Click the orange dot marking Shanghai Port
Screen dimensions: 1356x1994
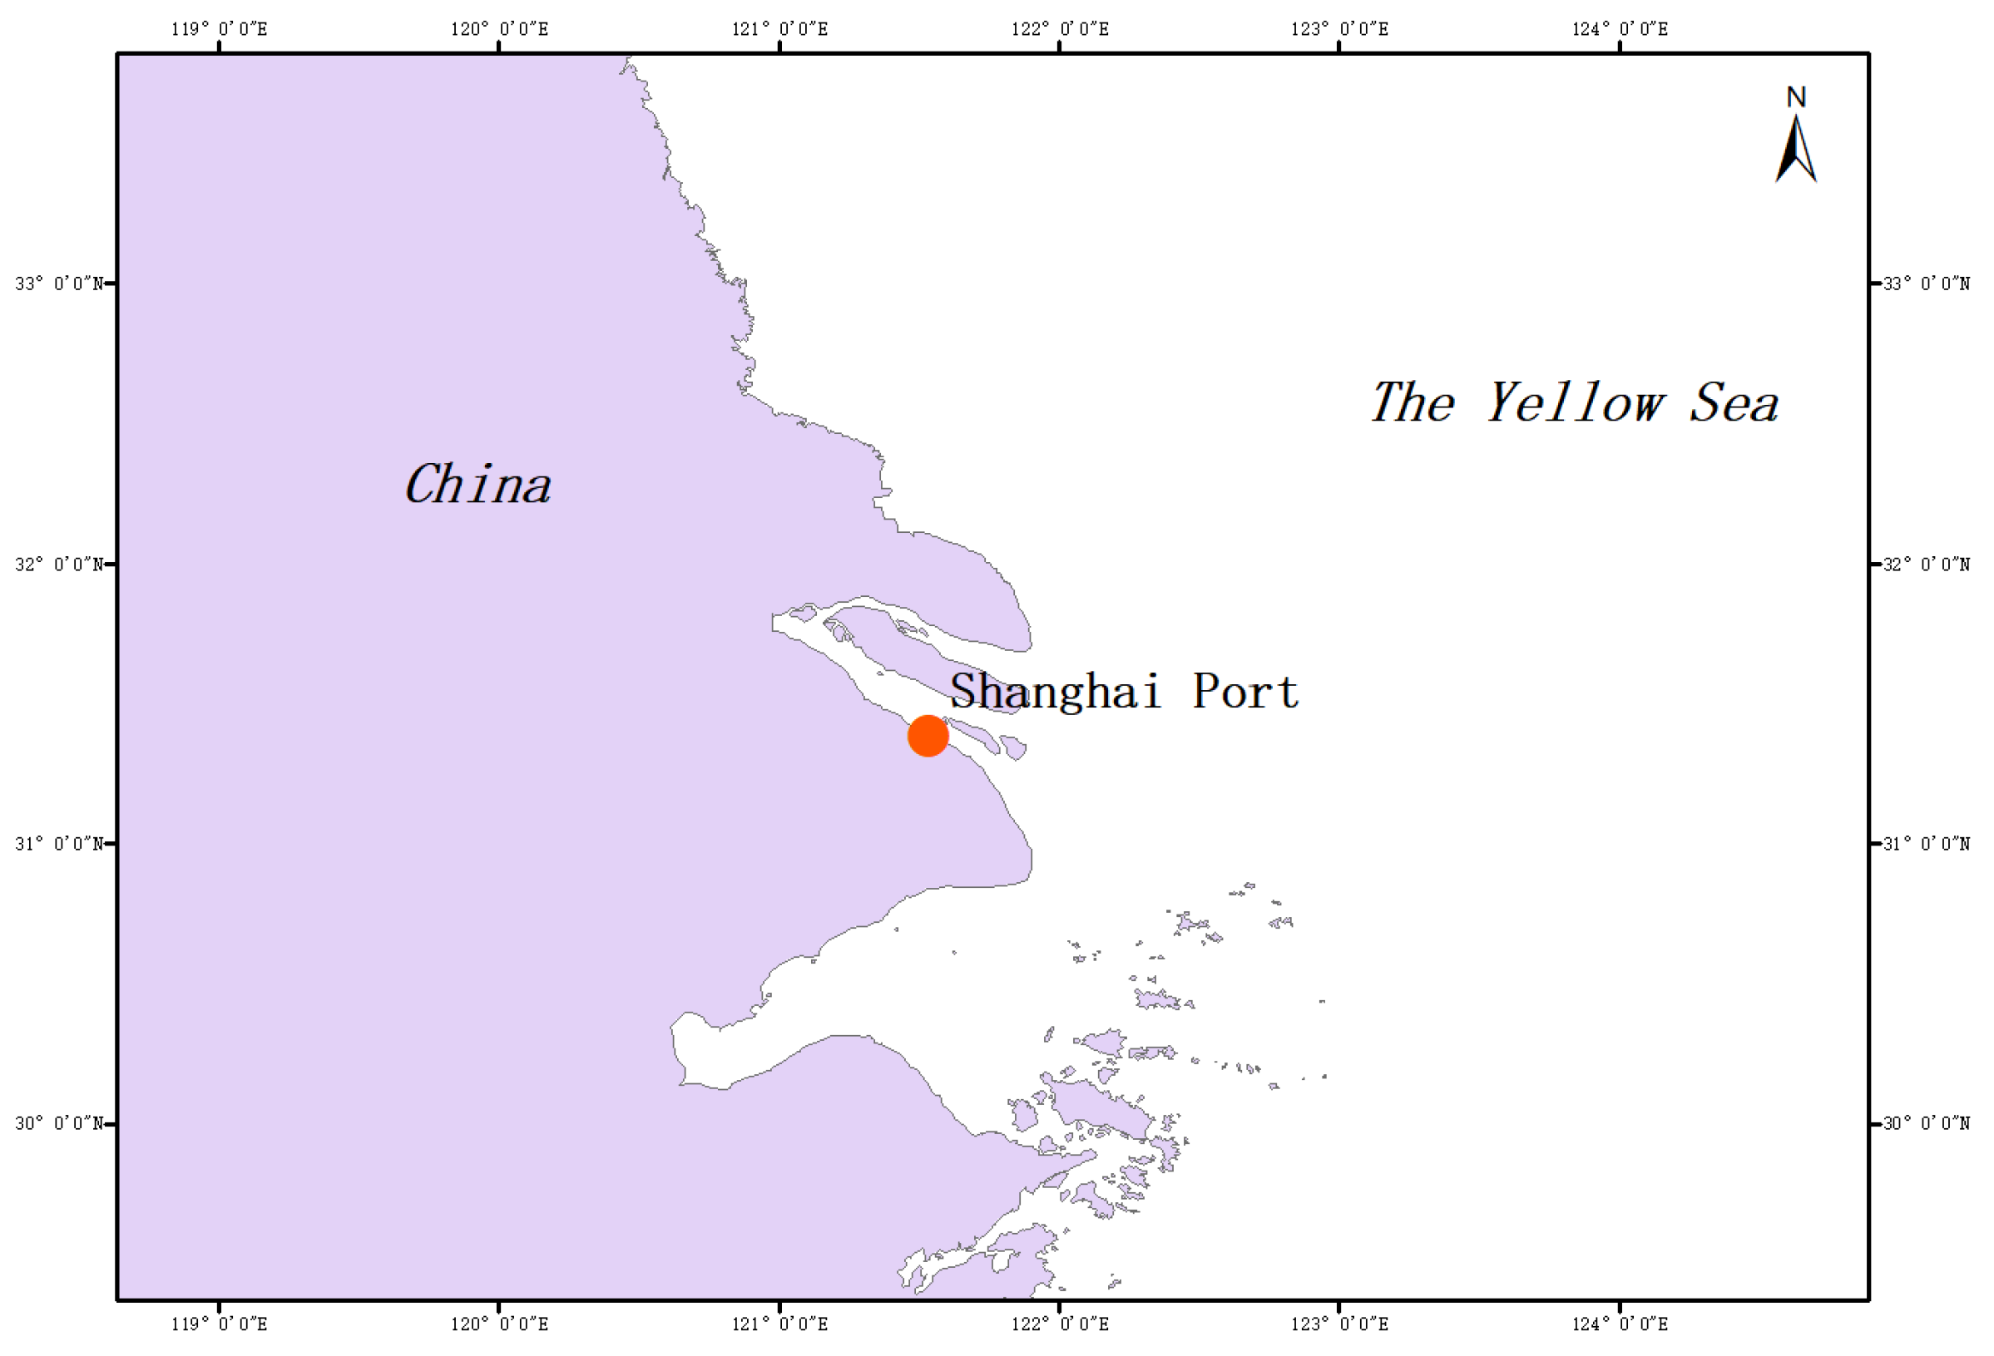pos(928,735)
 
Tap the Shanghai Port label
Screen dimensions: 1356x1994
pos(1124,691)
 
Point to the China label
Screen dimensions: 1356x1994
pos(477,485)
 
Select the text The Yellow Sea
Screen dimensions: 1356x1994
pos(1574,402)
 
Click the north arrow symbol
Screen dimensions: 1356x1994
pos(1796,150)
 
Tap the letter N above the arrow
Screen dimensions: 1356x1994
pos(1796,97)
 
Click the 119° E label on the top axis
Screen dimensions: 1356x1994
pos(219,29)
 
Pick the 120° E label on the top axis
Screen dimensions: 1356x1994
pos(499,29)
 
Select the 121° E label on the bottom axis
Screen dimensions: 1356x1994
pos(779,1324)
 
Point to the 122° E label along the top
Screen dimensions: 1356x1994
pos(1060,29)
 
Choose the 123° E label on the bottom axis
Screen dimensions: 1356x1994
pos(1339,1324)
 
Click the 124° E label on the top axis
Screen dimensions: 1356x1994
pos(1620,29)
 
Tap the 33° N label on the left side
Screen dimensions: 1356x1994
pos(58,283)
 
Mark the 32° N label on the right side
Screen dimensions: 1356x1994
pos(1927,564)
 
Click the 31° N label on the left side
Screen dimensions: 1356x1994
pos(58,843)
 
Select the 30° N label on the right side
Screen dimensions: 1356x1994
pos(1927,1122)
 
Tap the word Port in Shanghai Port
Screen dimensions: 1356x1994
pos(1246,691)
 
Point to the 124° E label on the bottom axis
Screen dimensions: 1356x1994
pos(1620,1324)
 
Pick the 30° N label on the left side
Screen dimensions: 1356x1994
pos(58,1122)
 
